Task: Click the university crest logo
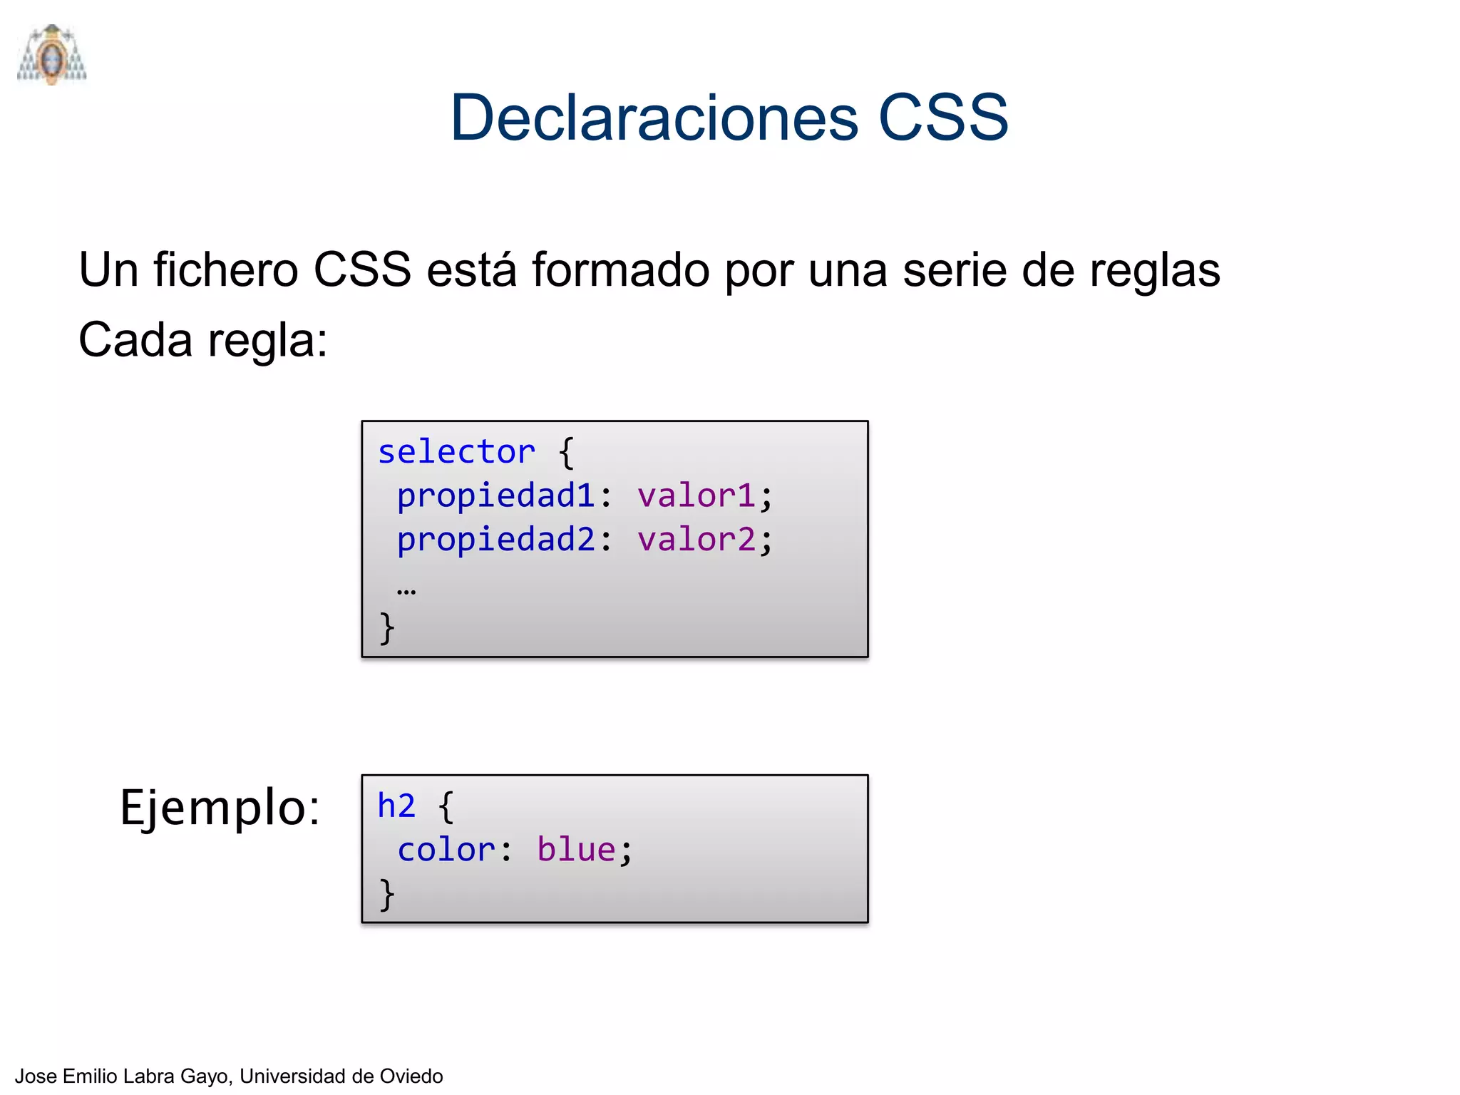pos(52,55)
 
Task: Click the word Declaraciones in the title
pos(654,118)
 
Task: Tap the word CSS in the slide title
pos(942,118)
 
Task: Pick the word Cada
pos(135,340)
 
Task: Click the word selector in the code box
pos(456,452)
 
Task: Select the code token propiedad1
pos(495,496)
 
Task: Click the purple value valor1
pos(696,496)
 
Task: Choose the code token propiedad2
pos(495,540)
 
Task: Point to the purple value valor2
pos(696,540)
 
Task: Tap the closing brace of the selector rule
pos(386,629)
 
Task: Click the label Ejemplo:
pos(220,808)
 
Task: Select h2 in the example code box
pos(396,806)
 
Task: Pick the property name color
pos(446,850)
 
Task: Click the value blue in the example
pos(576,850)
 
